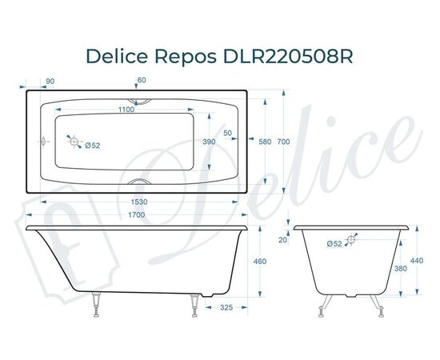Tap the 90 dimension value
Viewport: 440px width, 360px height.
pyautogui.click(x=50, y=80)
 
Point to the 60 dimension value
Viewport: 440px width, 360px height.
pyautogui.click(x=142, y=80)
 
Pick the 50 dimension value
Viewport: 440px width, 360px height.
pyautogui.click(x=228, y=133)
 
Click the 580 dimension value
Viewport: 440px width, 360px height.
pyautogui.click(x=266, y=142)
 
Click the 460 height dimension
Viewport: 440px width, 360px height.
pyautogui.click(x=259, y=262)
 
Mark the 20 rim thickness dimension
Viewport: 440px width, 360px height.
pyautogui.click(x=282, y=239)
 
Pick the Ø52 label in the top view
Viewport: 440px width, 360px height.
pyautogui.click(x=92, y=145)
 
